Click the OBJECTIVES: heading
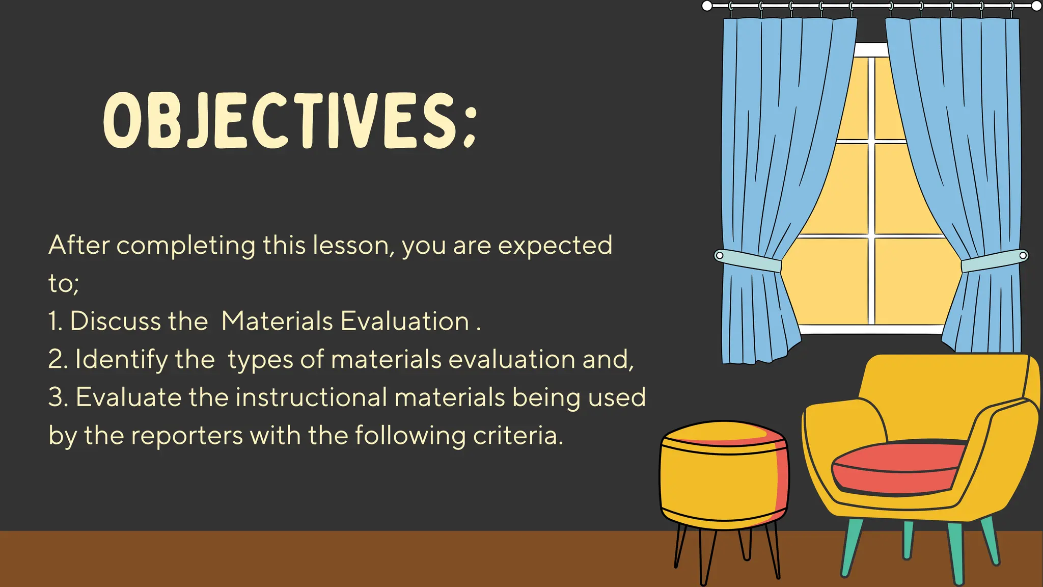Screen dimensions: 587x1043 290,121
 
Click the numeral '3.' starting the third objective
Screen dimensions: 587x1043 58,397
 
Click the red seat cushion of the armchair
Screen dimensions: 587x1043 899,466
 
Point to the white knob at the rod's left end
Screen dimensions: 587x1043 707,6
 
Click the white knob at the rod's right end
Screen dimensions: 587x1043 1036,6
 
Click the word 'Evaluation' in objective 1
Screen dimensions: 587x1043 404,322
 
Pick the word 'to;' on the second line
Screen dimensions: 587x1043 63,284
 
